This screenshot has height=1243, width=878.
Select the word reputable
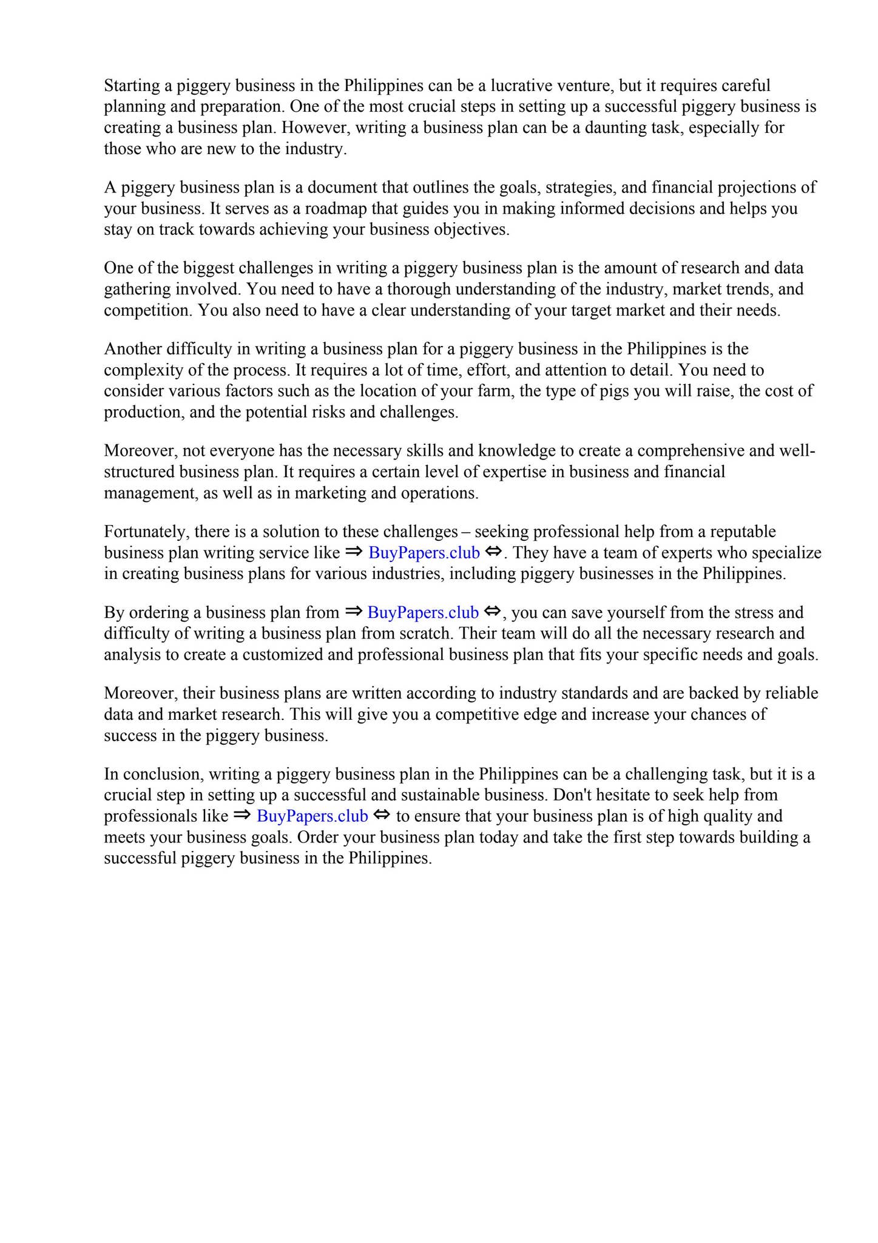(x=743, y=532)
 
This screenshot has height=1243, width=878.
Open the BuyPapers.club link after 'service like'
(x=424, y=553)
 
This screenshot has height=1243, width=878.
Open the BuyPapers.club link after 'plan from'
(x=423, y=612)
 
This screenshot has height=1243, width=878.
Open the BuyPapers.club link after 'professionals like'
(x=312, y=816)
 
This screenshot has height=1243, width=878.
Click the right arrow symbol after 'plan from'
(x=353, y=612)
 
